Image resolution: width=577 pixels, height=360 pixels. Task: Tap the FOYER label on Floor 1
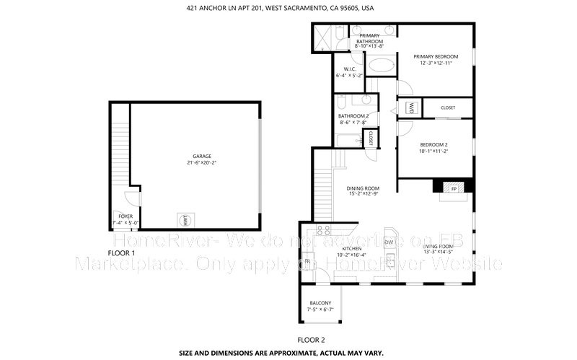point(125,216)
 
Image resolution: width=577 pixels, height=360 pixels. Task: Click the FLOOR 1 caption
point(121,253)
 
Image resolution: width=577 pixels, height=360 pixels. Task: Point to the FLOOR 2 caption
point(312,338)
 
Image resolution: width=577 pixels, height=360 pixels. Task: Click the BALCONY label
point(320,302)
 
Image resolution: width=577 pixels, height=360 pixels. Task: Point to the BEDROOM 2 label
point(434,145)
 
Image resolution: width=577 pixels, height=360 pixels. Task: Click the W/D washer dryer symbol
point(411,108)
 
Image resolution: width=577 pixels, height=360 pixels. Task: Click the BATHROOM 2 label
point(353,116)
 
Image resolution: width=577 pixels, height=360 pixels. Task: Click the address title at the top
point(288,8)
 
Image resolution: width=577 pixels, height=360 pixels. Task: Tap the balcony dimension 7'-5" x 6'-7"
point(320,309)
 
